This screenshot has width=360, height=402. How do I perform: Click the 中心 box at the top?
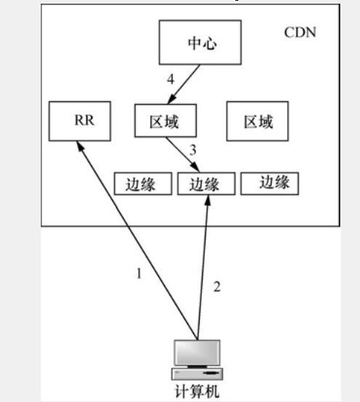(200, 42)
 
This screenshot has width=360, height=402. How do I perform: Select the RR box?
(80, 121)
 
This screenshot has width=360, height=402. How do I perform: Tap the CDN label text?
(300, 33)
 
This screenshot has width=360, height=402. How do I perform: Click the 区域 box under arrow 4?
(165, 120)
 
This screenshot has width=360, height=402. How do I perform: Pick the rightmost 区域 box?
(257, 121)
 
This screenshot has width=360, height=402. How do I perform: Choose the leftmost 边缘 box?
(143, 184)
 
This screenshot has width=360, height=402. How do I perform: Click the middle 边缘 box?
(206, 184)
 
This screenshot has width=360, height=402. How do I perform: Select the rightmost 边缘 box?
(270, 184)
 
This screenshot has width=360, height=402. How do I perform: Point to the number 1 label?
(138, 273)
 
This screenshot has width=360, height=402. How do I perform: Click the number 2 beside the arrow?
(217, 287)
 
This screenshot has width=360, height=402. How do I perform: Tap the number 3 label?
(192, 150)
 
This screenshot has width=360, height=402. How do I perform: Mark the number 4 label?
(171, 79)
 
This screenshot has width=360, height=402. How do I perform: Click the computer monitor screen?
(197, 352)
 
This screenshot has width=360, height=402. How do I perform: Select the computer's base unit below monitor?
(197, 374)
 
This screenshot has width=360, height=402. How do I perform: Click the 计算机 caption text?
(197, 392)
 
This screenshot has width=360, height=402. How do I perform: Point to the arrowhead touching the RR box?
(80, 146)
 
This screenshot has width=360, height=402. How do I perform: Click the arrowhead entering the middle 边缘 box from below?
(208, 200)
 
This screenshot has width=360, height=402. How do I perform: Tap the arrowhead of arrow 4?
(172, 99)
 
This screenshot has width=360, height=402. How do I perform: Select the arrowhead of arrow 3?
(195, 167)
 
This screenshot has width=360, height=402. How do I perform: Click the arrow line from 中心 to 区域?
(184, 84)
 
